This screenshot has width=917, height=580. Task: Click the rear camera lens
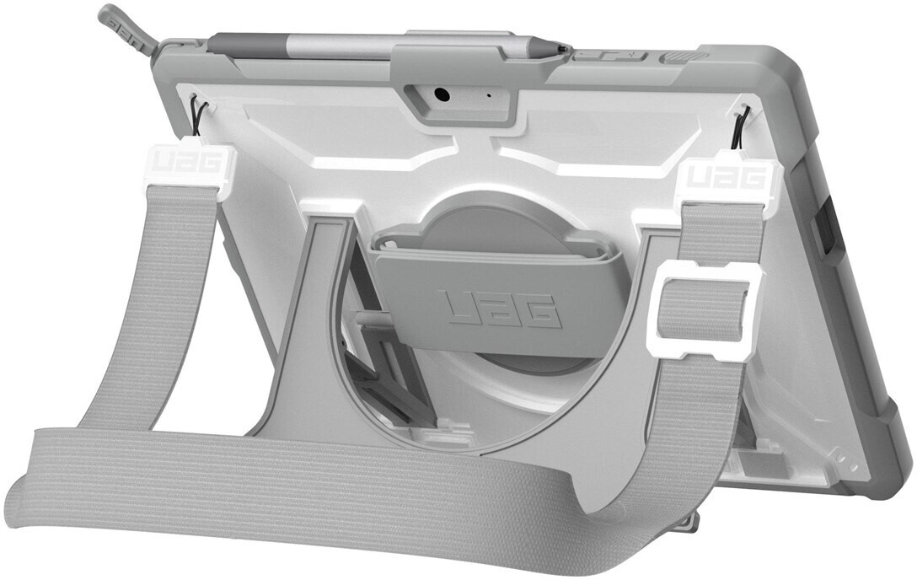point(441,94)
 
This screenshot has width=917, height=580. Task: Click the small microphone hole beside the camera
point(489,94)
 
